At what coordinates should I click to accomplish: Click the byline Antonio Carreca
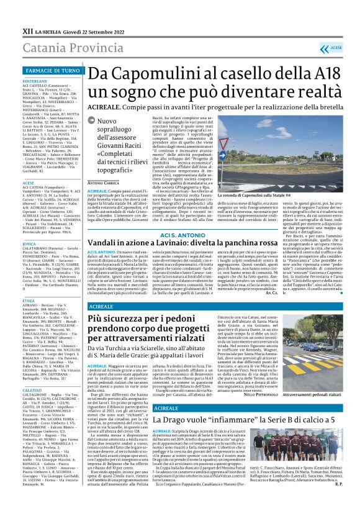102,201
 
